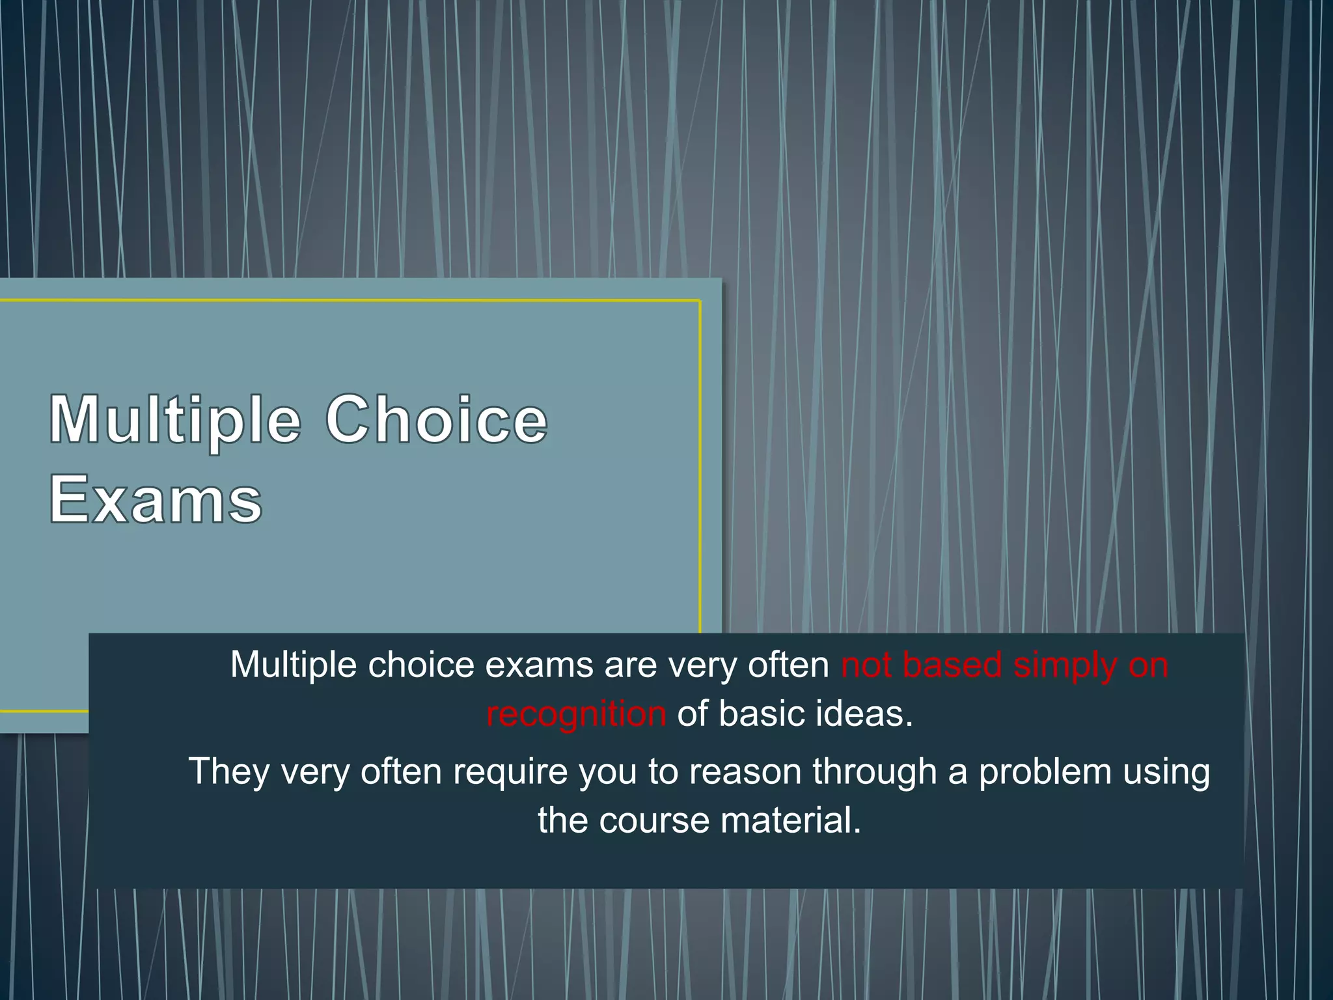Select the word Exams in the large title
156,499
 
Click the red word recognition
576,714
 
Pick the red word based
952,665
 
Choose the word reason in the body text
745,771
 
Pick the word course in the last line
654,820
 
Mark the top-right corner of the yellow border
700,301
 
